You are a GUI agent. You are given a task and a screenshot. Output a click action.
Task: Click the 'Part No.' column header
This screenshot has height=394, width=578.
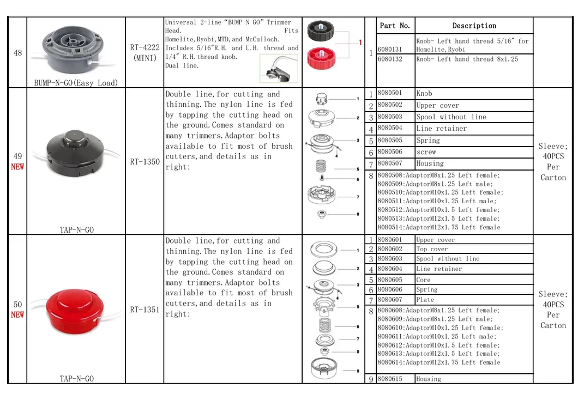click(394, 26)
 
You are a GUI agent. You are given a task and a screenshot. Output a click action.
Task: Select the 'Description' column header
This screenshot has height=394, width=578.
click(474, 26)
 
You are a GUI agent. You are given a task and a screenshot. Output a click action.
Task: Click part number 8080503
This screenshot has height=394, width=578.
click(390, 117)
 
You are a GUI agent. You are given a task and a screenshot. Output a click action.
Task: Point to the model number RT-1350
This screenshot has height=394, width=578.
click(145, 162)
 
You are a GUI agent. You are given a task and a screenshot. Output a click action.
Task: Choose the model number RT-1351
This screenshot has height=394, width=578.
click(145, 310)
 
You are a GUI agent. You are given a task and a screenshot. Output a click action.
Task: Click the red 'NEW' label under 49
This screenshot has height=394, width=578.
click(17, 167)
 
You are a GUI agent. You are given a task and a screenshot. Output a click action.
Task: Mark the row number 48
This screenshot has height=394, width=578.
click(17, 53)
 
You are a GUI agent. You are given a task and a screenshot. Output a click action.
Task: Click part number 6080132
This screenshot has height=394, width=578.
click(390, 59)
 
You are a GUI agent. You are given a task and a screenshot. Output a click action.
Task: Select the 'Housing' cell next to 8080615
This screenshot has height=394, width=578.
click(429, 379)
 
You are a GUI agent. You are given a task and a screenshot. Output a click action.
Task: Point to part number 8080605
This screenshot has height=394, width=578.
click(390, 280)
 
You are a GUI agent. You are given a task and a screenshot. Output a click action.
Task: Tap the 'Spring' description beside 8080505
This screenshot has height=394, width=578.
click(428, 141)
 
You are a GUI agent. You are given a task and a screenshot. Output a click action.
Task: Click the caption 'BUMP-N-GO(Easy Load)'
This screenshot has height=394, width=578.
click(76, 83)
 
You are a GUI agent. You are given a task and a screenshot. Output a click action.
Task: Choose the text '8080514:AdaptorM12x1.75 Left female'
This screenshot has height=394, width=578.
click(439, 227)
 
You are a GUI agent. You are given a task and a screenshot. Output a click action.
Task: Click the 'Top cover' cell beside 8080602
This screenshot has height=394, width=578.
click(432, 249)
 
